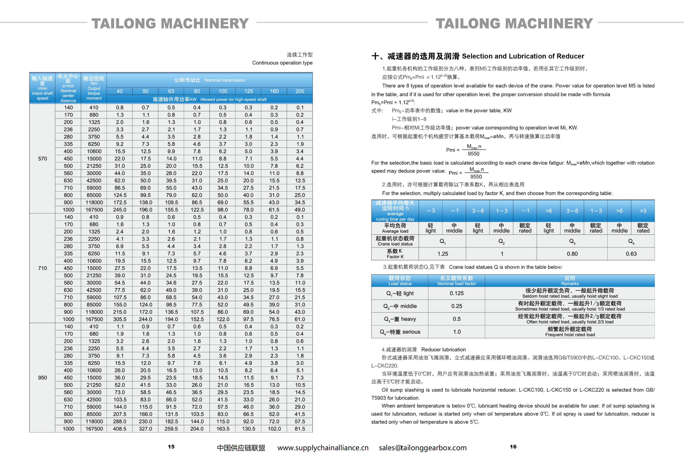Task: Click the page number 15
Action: point(171,446)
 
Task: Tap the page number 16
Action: point(513,446)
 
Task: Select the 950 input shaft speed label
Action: point(42,377)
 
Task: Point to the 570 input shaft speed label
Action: point(42,159)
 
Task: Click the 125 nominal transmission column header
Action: point(248,91)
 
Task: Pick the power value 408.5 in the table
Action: point(120,429)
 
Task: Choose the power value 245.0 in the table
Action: point(120,210)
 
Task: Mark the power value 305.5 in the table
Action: point(120,319)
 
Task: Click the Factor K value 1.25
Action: point(442,254)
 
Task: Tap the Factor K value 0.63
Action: point(631,254)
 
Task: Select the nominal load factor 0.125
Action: point(457,293)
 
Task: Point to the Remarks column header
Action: point(570,281)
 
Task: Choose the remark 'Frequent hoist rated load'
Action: point(570,335)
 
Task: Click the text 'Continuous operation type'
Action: point(282,63)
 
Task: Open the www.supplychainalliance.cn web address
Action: point(323,448)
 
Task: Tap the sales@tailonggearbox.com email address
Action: point(423,448)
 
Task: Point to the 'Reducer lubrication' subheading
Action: point(443,350)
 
